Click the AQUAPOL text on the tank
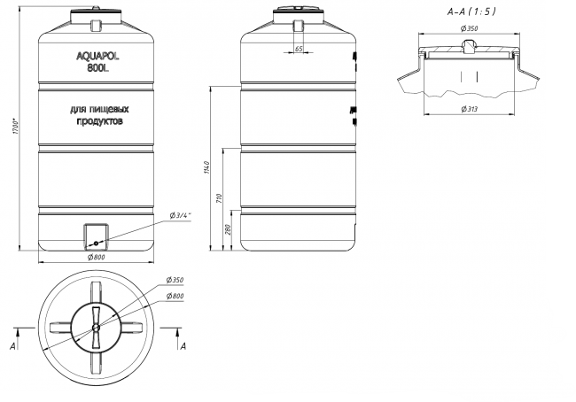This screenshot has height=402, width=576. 97,56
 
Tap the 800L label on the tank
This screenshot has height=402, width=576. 98,68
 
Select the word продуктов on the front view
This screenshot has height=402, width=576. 99,121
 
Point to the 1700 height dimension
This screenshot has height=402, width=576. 16,126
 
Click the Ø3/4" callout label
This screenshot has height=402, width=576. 181,215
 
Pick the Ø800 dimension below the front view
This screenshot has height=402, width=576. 96,257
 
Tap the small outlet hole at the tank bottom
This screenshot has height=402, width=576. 96,243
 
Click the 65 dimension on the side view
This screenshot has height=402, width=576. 299,49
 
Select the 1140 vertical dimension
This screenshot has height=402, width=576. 206,167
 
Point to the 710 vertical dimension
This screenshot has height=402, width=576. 220,198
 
